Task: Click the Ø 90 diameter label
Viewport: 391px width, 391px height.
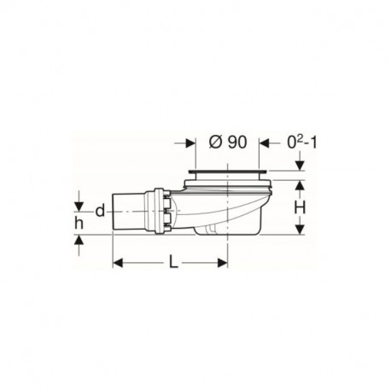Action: [x=228, y=142]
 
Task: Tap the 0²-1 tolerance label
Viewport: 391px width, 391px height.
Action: [x=301, y=142]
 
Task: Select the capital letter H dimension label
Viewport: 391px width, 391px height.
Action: [x=300, y=207]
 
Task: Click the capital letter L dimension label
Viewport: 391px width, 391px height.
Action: [x=173, y=261]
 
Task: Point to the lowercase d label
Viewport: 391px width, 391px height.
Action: [x=100, y=211]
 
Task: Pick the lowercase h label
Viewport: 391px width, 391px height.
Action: [x=79, y=224]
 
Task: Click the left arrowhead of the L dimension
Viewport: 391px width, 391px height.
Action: [x=118, y=263]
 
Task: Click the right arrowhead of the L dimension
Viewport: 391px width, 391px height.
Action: [x=223, y=263]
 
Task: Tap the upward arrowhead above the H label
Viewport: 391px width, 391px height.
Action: [x=300, y=185]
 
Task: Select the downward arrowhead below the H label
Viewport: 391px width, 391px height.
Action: [x=300, y=230]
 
